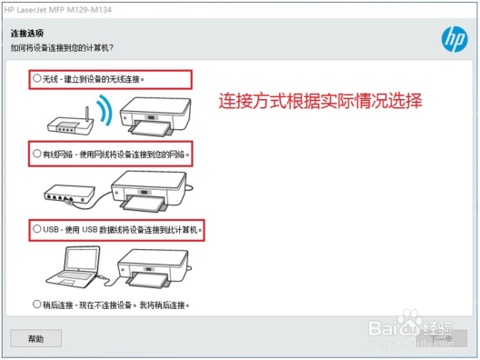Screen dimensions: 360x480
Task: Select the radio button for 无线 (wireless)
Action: (x=36, y=79)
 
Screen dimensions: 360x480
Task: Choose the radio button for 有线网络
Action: (x=36, y=155)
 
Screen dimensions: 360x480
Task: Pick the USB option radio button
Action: (x=36, y=230)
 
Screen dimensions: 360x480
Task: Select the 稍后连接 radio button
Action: (x=36, y=305)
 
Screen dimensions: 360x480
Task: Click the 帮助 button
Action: (x=35, y=338)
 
